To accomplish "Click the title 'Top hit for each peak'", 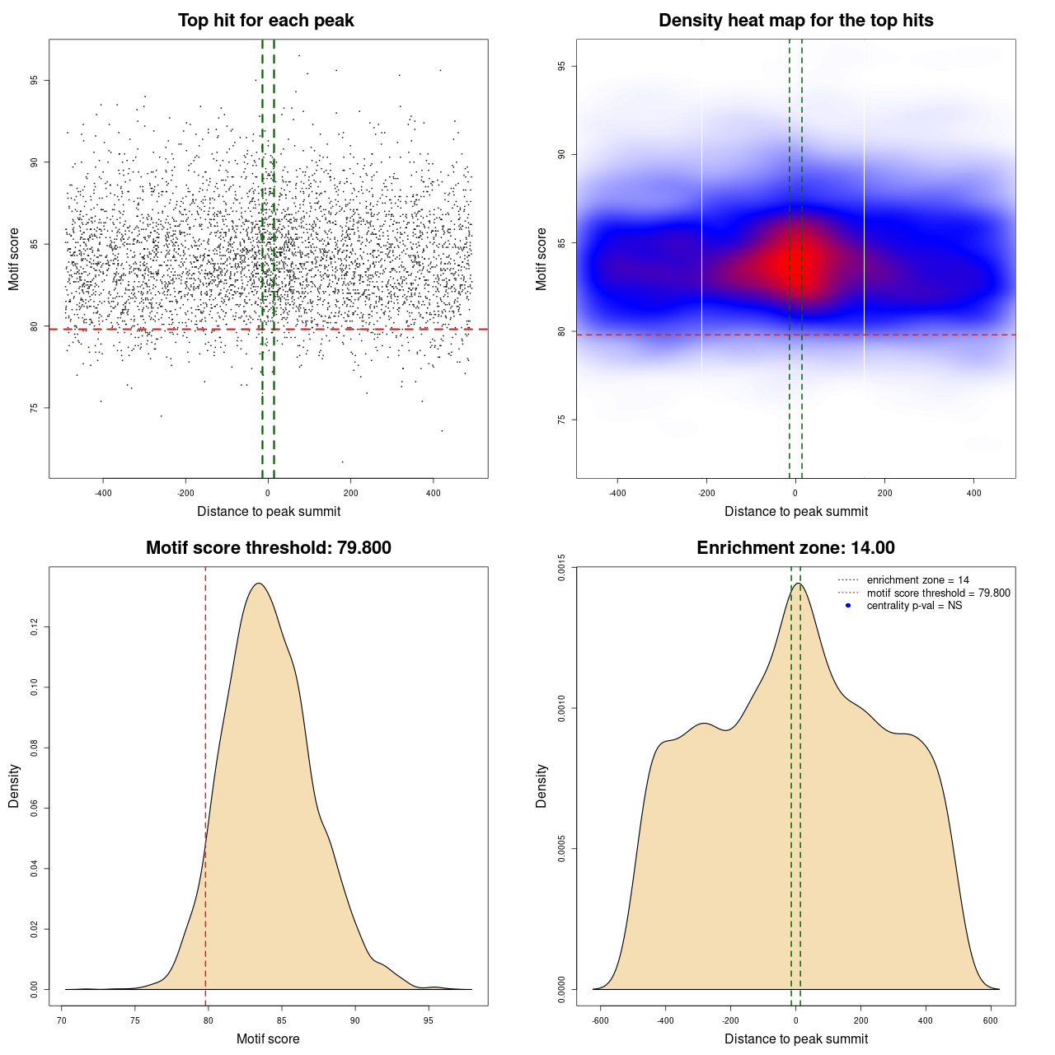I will [x=266, y=21].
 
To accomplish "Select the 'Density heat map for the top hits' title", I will [x=795, y=21].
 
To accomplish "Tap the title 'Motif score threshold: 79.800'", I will [x=268, y=548].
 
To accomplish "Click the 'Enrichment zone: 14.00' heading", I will [x=795, y=548].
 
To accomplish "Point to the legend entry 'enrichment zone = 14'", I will [x=917, y=580].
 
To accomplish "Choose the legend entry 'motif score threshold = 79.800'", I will [x=938, y=593].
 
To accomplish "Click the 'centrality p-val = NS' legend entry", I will [x=914, y=606].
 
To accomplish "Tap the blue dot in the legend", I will [x=848, y=606].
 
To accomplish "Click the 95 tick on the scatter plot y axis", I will [x=35, y=80].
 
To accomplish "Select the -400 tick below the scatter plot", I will [x=103, y=493].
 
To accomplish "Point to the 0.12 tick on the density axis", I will [x=35, y=627].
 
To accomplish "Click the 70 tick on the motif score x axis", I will [x=62, y=1020].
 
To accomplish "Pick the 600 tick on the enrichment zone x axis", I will [x=991, y=1020].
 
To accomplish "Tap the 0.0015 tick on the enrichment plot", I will [x=562, y=568].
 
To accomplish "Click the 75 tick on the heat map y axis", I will [x=562, y=420].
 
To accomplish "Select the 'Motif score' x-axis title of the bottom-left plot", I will [x=268, y=1039].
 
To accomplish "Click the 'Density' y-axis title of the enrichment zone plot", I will [x=542, y=785].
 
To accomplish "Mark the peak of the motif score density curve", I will [x=259, y=584].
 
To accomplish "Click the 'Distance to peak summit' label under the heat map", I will [x=795, y=511].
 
